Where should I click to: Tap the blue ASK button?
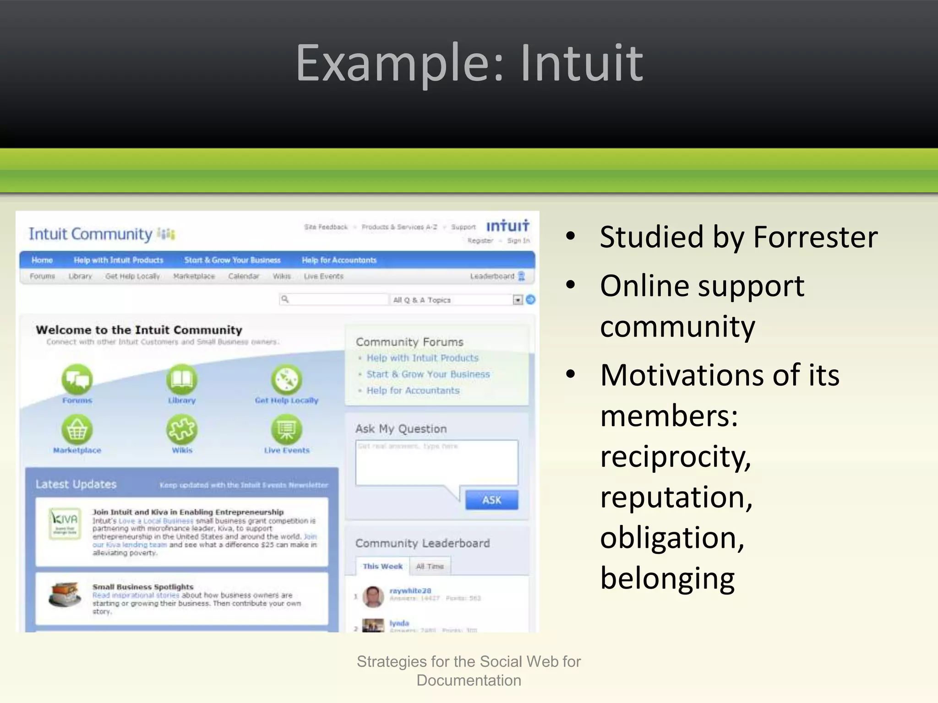(x=491, y=500)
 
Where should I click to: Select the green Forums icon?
(x=77, y=379)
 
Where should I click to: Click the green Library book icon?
(x=182, y=379)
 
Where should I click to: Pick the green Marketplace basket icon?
(x=77, y=429)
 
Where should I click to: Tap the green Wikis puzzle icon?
(x=182, y=429)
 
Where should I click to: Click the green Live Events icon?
(x=287, y=429)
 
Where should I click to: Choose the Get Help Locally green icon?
(x=287, y=379)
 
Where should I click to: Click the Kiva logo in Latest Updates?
(x=65, y=523)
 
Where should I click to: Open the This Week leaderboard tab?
(x=382, y=566)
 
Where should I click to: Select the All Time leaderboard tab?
(x=430, y=566)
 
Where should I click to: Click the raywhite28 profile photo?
(x=373, y=596)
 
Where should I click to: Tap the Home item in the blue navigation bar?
(x=42, y=260)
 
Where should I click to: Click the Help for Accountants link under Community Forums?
(x=413, y=390)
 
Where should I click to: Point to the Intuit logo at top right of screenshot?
(x=507, y=226)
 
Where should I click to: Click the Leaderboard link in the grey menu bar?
(x=492, y=276)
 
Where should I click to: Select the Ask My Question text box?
(x=436, y=462)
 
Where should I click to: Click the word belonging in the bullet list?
(x=667, y=578)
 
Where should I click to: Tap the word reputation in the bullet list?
(x=676, y=497)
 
